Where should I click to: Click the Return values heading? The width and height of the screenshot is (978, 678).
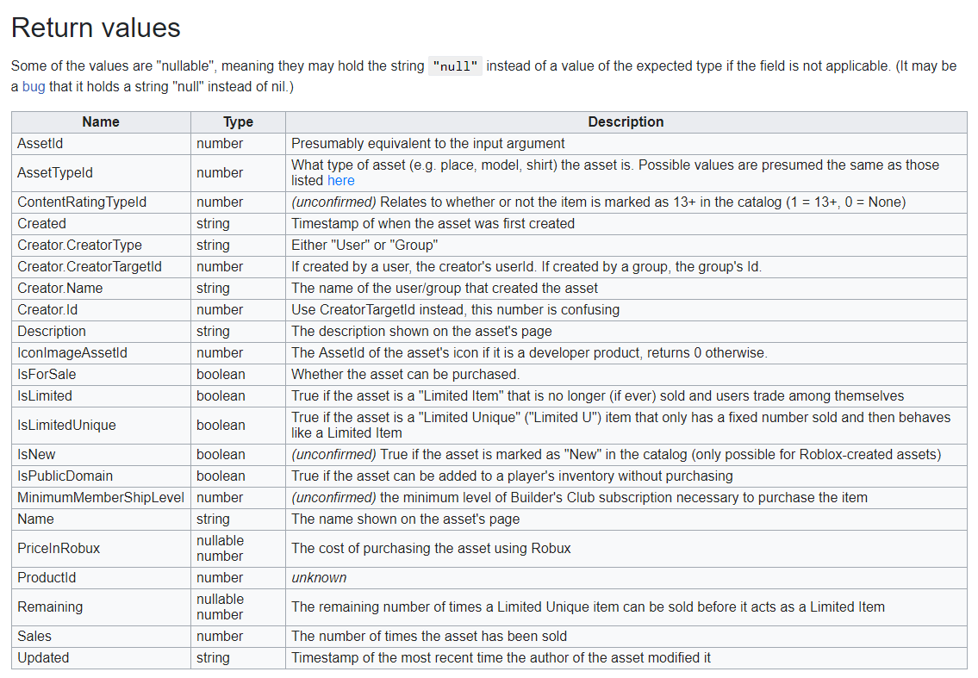click(x=96, y=28)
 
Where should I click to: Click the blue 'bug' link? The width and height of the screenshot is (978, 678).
click(x=34, y=86)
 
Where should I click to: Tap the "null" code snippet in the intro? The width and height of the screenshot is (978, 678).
click(x=457, y=66)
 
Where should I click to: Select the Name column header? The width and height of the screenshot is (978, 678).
click(x=101, y=121)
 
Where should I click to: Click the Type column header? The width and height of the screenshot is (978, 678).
click(x=238, y=121)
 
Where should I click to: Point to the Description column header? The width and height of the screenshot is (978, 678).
click(x=626, y=121)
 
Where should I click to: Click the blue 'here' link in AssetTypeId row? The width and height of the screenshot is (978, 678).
click(x=340, y=180)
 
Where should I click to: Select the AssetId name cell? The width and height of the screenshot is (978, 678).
click(x=40, y=143)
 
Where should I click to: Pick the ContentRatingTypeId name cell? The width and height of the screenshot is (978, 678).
click(x=82, y=202)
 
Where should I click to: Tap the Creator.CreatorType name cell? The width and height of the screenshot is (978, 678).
click(x=79, y=245)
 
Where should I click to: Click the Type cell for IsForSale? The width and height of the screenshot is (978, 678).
click(x=221, y=374)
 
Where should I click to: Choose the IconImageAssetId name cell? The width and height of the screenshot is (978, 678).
click(x=72, y=352)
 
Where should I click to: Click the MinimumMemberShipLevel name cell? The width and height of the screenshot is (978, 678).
click(x=101, y=497)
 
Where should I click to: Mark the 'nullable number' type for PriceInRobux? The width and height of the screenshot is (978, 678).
click(x=220, y=548)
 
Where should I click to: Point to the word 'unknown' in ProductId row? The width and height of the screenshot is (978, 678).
click(x=319, y=577)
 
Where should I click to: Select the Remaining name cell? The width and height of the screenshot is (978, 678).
click(x=50, y=606)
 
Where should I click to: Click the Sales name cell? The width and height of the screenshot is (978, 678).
click(x=34, y=636)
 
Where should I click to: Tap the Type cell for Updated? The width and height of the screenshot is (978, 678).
click(x=213, y=657)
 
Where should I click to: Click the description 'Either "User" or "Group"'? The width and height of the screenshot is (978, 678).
click(x=364, y=245)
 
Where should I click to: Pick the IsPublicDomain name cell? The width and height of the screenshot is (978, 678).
click(x=65, y=476)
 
